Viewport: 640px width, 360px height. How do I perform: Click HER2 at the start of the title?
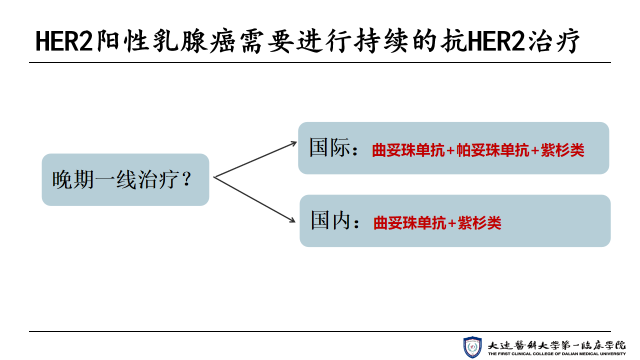pyautogui.click(x=64, y=41)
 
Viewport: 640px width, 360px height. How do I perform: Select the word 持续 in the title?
pyautogui.click(x=381, y=41)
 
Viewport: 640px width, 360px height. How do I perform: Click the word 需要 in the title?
pyautogui.click(x=266, y=41)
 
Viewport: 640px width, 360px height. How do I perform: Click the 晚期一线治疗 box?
pyautogui.click(x=125, y=179)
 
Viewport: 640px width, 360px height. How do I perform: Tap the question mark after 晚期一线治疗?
pyautogui.click(x=187, y=179)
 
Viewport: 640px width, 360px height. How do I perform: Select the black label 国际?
pyautogui.click(x=330, y=147)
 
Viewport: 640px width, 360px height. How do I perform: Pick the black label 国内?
pyautogui.click(x=330, y=220)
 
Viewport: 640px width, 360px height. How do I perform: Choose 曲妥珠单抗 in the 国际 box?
pyautogui.click(x=408, y=150)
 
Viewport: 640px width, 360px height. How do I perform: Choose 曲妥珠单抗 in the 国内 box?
pyautogui.click(x=409, y=223)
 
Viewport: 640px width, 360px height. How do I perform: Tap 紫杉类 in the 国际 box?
pyautogui.click(x=562, y=150)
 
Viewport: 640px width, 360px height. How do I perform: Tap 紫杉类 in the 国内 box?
pyautogui.click(x=479, y=223)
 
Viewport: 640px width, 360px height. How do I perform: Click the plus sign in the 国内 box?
pyautogui.click(x=452, y=223)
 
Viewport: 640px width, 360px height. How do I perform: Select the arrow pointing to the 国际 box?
pyautogui.click(x=255, y=159)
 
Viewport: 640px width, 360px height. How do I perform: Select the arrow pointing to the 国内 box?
pyautogui.click(x=254, y=199)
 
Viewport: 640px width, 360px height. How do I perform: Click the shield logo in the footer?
pyautogui.click(x=472, y=347)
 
